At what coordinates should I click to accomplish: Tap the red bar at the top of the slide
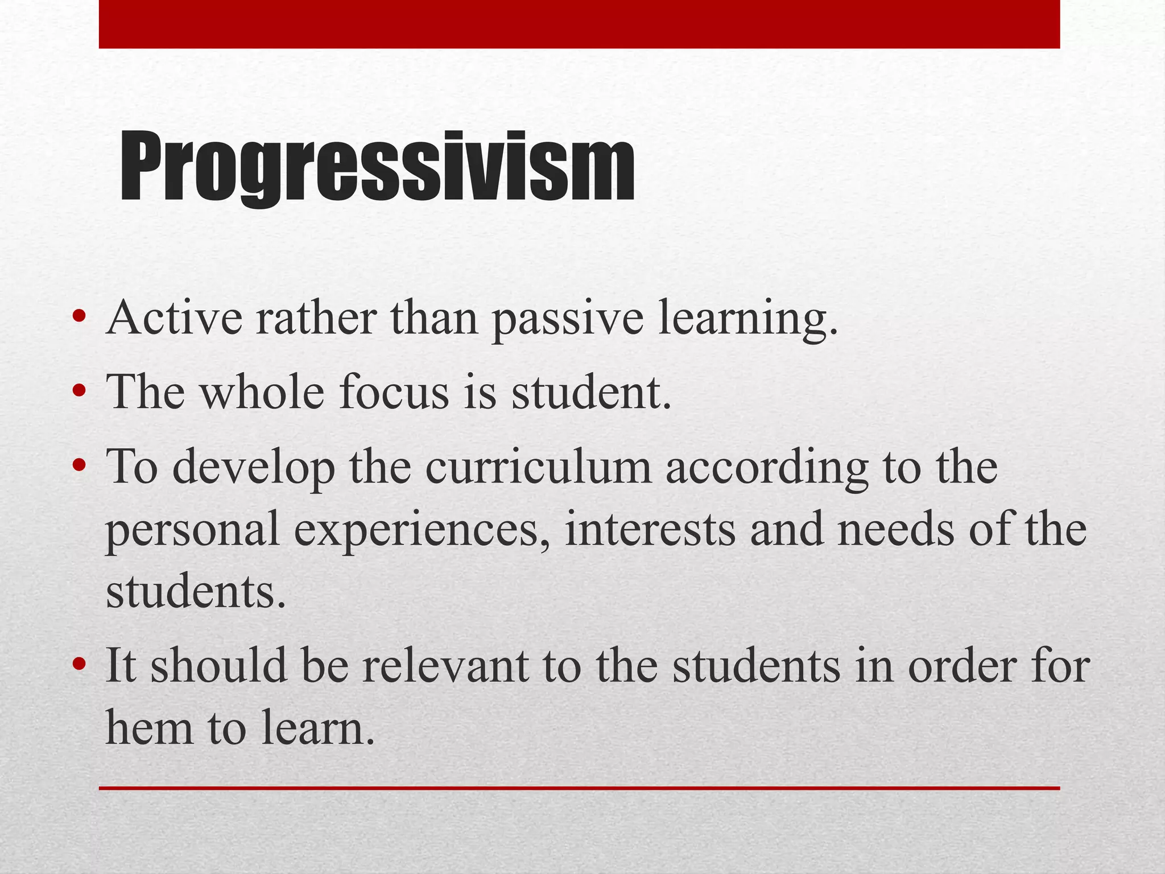pyautogui.click(x=579, y=24)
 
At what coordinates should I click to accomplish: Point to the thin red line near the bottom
pyautogui.click(x=579, y=788)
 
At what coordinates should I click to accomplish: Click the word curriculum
pyautogui.click(x=538, y=467)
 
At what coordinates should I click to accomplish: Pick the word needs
pyautogui.click(x=895, y=529)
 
